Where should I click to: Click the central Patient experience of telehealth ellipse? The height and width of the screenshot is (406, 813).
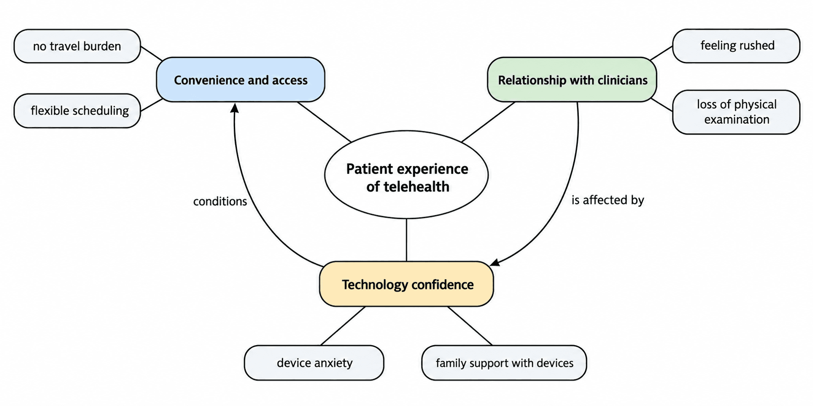[x=406, y=174]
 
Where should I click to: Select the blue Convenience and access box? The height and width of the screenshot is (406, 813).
[x=241, y=80]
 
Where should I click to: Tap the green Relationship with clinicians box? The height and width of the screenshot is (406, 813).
[x=572, y=80]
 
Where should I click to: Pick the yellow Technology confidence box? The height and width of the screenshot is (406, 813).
[x=406, y=284]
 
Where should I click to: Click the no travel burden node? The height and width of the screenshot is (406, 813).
[x=77, y=46]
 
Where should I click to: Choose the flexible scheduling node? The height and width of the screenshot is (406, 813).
[x=77, y=111]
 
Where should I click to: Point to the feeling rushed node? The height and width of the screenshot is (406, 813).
[x=736, y=46]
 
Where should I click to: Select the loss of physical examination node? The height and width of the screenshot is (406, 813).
[x=736, y=112]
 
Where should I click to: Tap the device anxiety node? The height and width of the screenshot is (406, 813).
[x=314, y=363]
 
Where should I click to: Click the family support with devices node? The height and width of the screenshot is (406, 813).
[x=504, y=363]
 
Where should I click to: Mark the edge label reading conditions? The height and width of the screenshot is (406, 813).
[x=220, y=201]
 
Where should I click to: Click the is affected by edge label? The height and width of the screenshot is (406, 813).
[x=608, y=200]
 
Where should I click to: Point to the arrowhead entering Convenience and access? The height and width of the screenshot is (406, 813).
[x=234, y=108]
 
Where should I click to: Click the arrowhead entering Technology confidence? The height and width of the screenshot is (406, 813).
[x=494, y=262]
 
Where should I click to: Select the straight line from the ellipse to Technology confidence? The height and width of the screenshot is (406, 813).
[x=406, y=240]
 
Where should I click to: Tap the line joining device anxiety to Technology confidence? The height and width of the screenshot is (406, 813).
[x=343, y=326]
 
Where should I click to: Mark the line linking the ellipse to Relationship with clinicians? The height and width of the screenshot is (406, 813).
[x=488, y=122]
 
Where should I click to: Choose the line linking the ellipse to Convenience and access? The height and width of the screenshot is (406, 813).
[x=324, y=122]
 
